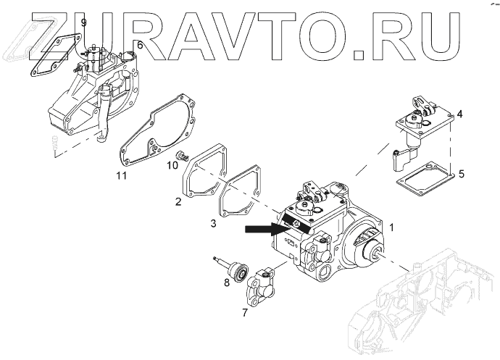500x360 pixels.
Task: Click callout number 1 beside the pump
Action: [x=392, y=227]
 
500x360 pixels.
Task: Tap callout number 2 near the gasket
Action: [x=178, y=201]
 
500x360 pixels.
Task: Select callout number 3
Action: [x=213, y=224]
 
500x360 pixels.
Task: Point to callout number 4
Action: [x=459, y=114]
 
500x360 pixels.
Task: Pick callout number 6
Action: [x=140, y=45]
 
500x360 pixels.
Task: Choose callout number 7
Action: [x=244, y=313]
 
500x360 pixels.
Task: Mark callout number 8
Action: [x=227, y=281]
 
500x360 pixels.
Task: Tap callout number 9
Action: [x=83, y=23]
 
